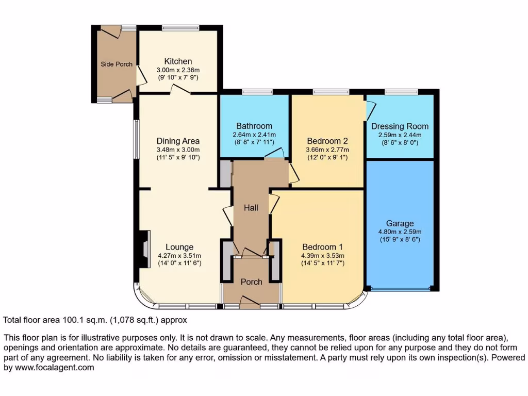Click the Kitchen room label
coord(178,61)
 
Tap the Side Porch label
coord(117,64)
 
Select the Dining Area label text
coord(178,141)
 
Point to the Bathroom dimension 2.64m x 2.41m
coord(254,135)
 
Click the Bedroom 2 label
coord(327,141)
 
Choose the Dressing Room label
coord(400,126)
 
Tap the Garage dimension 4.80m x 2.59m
coord(400,232)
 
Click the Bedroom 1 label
coord(323,246)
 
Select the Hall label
coord(251,208)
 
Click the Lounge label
coord(179,247)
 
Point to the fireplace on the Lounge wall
coord(143,249)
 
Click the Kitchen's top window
coord(180,27)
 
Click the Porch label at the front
coord(251,282)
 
